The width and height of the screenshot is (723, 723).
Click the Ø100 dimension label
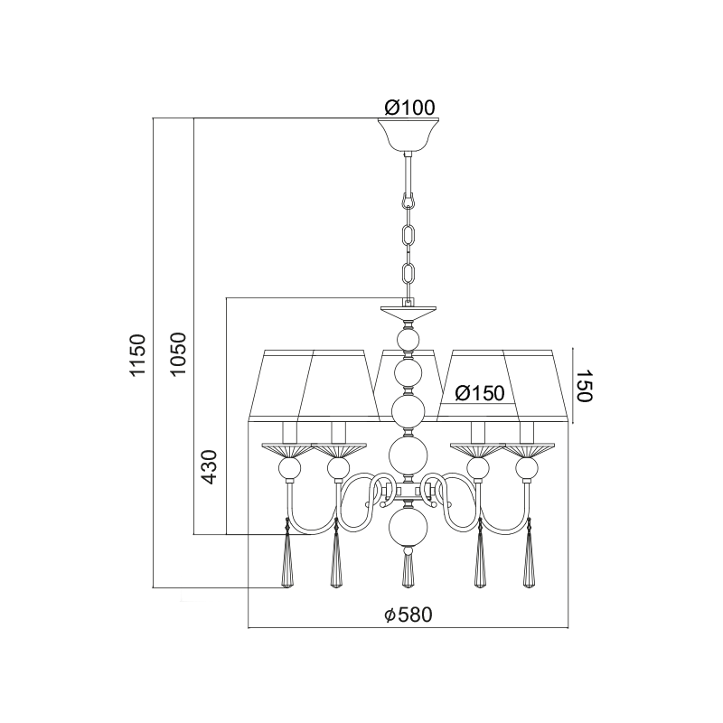click(x=409, y=108)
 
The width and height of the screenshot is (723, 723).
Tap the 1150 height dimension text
click(x=137, y=355)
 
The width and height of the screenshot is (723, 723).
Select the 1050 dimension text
click(x=177, y=353)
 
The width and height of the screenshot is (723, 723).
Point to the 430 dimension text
click(x=209, y=466)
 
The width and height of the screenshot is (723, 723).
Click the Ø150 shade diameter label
click(x=480, y=393)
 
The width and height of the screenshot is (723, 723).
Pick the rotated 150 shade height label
click(x=584, y=386)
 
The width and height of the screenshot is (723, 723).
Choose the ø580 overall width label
click(x=408, y=615)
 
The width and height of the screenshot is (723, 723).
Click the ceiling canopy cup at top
click(x=408, y=135)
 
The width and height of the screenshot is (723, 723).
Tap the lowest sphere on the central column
click(x=408, y=527)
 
